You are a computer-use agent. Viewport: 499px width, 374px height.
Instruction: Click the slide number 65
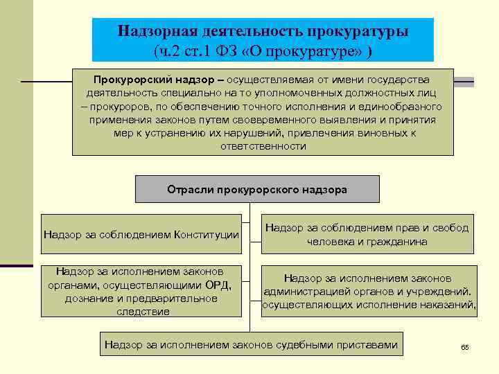click(465, 346)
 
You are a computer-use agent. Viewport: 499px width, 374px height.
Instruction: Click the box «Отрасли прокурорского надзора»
click(257, 189)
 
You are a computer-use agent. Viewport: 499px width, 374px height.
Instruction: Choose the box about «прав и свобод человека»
click(368, 235)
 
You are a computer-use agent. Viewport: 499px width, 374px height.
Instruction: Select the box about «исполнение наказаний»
click(369, 292)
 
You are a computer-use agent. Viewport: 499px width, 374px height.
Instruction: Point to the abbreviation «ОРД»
click(220, 285)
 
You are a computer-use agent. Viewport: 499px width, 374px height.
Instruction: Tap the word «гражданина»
click(398, 242)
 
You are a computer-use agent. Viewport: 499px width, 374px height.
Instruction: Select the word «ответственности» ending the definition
click(263, 146)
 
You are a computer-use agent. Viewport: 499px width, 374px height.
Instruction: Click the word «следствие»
click(141, 312)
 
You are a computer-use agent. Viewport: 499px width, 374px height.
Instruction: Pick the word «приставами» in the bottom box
click(369, 344)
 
